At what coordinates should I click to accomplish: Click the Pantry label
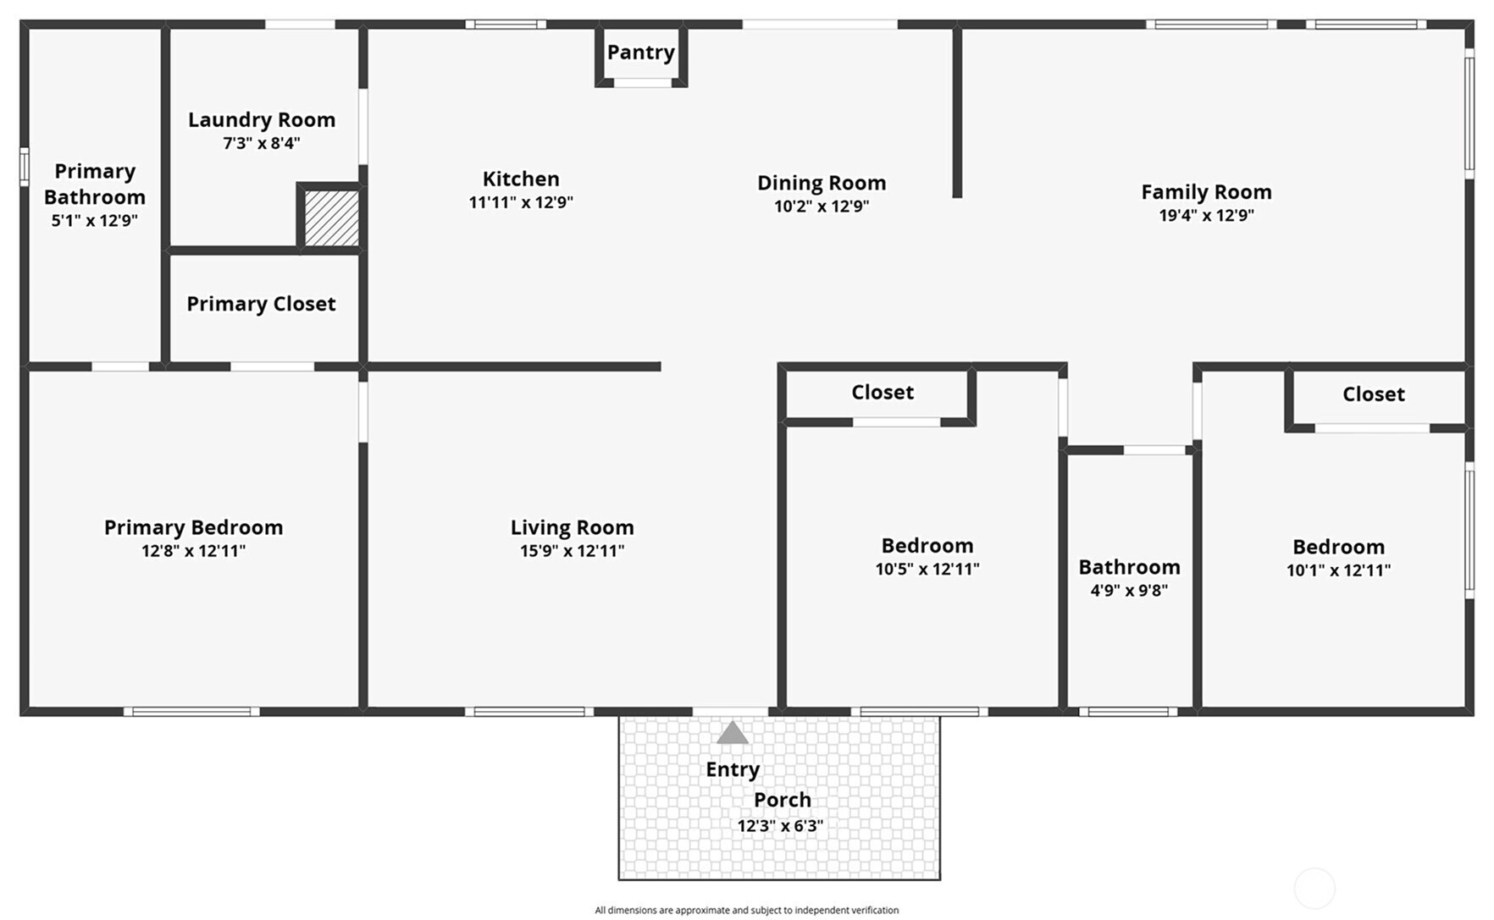tap(641, 52)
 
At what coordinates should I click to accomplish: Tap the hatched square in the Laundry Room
tap(331, 218)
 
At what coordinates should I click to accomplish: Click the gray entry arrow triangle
tap(733, 733)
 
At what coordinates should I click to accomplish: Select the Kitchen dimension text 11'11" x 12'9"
tap(521, 202)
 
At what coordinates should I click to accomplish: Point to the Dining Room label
tap(822, 183)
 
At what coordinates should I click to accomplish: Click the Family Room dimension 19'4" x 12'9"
tap(1206, 215)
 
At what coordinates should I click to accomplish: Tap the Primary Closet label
tap(261, 304)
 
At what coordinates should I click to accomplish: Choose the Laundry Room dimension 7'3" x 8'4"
tap(262, 143)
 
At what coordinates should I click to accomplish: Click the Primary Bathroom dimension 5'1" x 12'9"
tap(94, 221)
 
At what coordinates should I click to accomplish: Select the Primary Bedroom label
tap(193, 527)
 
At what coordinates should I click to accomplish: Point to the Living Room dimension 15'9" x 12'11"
tap(572, 551)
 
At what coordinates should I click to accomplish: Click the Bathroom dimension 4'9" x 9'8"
tap(1129, 591)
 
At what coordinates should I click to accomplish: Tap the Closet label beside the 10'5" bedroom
tap(883, 393)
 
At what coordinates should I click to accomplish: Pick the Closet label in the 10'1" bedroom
tap(1373, 394)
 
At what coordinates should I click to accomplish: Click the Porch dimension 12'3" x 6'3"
tap(780, 826)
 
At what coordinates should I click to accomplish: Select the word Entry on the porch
tap(733, 770)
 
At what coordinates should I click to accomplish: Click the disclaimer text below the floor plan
tap(746, 911)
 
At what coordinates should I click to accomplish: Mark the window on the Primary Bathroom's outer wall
tap(25, 167)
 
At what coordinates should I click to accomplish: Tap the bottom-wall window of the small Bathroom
tap(1128, 712)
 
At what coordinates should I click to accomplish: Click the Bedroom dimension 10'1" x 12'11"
tap(1338, 570)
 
